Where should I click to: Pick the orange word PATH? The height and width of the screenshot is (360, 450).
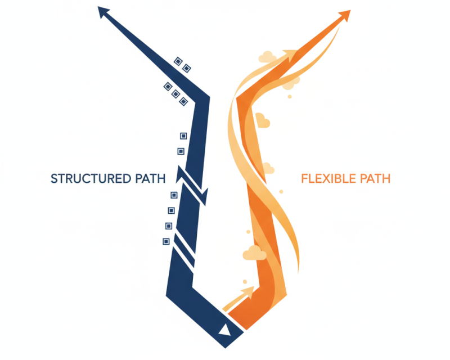(375, 179)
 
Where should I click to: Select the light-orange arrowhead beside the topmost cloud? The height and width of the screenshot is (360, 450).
(289, 55)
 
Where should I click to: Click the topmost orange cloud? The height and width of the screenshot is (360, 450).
(267, 57)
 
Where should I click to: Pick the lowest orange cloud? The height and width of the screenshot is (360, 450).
(254, 253)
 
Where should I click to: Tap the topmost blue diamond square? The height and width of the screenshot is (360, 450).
(178, 61)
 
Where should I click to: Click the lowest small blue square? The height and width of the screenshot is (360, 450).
(166, 241)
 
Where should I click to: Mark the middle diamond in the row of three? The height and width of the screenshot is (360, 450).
(175, 93)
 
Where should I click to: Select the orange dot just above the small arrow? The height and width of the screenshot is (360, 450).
(245, 280)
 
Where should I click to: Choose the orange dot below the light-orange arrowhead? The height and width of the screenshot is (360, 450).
(290, 96)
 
